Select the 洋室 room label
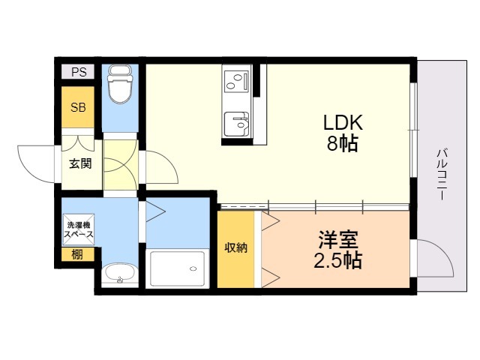338,241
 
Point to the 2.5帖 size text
338,260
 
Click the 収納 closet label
236,248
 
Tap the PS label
79,72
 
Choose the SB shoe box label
78,106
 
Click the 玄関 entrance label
81,163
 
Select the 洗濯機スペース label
78,229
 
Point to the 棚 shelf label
77,254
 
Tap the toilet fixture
119,85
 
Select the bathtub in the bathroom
177,268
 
